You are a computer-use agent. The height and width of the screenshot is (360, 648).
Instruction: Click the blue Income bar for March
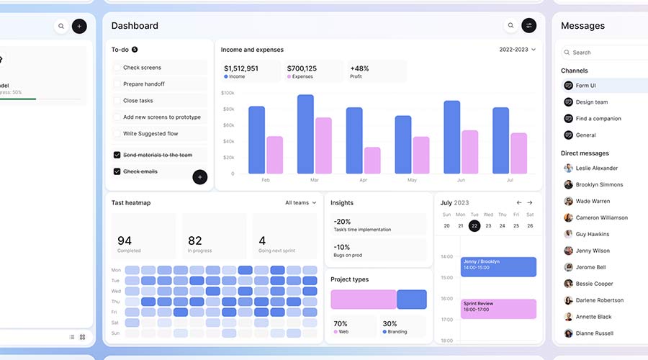(305, 134)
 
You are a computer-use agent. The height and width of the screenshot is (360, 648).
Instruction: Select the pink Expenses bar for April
(372, 160)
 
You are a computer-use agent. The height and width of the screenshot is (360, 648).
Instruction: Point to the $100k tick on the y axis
(228, 93)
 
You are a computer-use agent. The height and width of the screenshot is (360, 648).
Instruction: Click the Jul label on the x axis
(509, 180)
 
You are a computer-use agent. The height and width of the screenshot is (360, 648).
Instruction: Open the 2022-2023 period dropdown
(517, 50)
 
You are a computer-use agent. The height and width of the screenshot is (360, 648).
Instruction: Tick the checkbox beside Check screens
(117, 68)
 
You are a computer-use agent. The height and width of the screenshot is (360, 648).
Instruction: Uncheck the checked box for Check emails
(117, 171)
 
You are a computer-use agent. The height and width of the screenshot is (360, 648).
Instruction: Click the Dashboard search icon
(511, 26)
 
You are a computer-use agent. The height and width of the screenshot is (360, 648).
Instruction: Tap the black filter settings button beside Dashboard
(529, 26)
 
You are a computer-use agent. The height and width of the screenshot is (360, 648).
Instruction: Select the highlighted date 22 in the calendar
(474, 225)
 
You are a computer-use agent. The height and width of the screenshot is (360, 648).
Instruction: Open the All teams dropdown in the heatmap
(300, 203)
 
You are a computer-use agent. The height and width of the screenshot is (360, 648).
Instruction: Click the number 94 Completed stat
(125, 240)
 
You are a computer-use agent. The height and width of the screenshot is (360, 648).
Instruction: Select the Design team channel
(591, 102)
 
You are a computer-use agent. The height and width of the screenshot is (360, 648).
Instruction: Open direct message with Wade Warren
(593, 202)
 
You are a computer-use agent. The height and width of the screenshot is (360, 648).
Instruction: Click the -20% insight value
(342, 222)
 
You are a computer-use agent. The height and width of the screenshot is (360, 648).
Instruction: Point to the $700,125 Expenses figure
(302, 68)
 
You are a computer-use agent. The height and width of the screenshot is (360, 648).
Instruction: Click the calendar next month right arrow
(530, 203)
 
